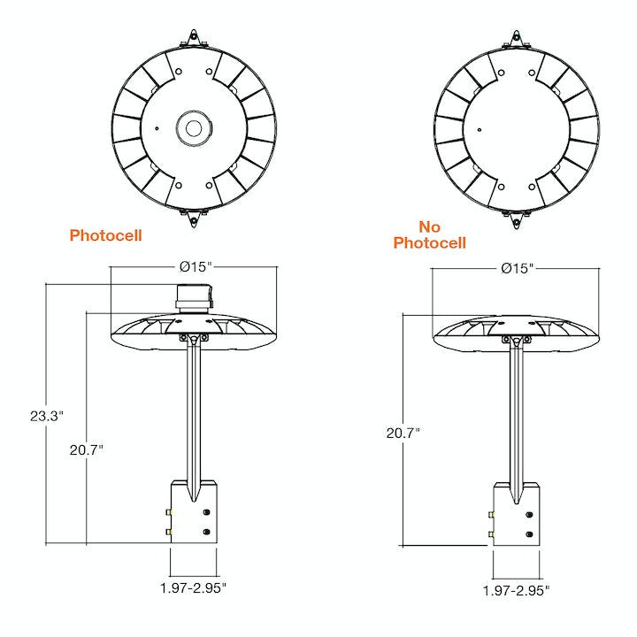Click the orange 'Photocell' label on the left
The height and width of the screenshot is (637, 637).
pyautogui.click(x=105, y=235)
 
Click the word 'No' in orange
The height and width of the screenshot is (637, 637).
pyautogui.click(x=429, y=226)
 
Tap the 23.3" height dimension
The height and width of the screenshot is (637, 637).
pyautogui.click(x=47, y=416)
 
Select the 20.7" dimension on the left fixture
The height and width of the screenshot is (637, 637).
pyautogui.click(x=87, y=450)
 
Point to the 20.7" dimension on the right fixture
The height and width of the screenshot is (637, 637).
pyautogui.click(x=403, y=433)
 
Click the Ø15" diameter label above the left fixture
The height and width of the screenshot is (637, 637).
pyautogui.click(x=196, y=267)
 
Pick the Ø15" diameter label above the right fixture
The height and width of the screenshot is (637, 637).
pyautogui.click(x=518, y=268)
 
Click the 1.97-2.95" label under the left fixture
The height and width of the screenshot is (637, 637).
pyautogui.click(x=193, y=587)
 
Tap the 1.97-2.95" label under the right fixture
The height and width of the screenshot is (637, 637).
pyautogui.click(x=516, y=590)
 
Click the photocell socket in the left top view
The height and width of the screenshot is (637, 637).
pyautogui.click(x=194, y=128)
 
